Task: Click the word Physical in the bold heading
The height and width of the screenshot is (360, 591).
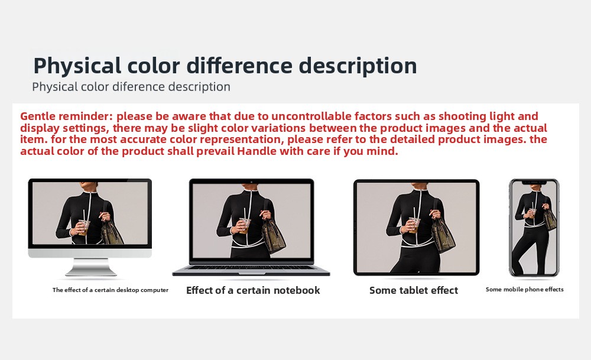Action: [x=77, y=66]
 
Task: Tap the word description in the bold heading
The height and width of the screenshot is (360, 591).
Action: [x=358, y=66]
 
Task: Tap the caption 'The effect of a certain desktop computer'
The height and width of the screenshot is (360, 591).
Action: [x=111, y=290]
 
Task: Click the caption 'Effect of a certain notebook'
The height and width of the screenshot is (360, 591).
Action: [x=253, y=290]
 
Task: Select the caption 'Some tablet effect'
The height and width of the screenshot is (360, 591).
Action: [x=414, y=290]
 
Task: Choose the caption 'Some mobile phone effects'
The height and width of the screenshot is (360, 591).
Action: [x=524, y=290]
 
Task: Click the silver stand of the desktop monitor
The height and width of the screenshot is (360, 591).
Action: [x=91, y=267]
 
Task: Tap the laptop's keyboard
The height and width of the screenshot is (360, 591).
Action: [x=251, y=267]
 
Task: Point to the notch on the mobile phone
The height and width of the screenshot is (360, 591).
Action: [x=534, y=183]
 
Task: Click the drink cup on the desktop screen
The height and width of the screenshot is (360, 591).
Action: [x=84, y=228]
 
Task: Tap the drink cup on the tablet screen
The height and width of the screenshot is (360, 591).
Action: [x=414, y=225]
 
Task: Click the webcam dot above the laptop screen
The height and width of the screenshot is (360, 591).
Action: [x=251, y=182]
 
